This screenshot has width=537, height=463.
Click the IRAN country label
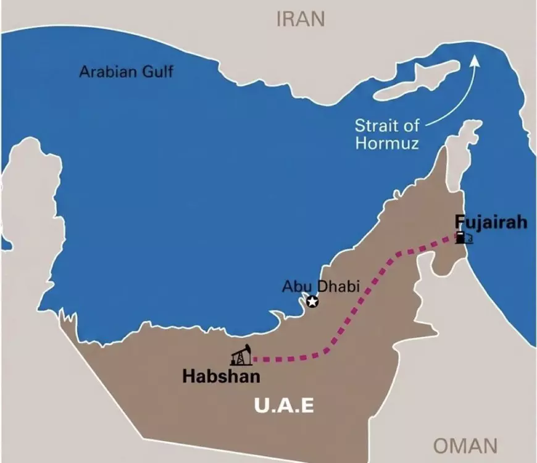300,19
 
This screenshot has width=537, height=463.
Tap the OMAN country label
465,445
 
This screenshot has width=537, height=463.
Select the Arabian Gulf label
126,72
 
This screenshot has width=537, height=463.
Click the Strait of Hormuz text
387,135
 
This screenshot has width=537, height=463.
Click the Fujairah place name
491,222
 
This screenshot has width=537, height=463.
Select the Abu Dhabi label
312,286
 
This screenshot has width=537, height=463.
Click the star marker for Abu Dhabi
313,301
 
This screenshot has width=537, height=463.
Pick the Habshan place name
220,376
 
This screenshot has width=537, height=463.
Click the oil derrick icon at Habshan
241,356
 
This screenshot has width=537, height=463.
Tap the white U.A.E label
285,406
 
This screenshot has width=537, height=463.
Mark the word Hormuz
387,144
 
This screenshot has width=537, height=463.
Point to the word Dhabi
329,286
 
